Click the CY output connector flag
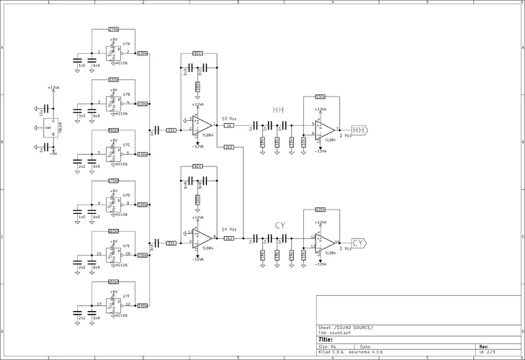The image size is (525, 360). (359, 243)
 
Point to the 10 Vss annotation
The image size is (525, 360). (228, 118)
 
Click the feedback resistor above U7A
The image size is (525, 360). (113, 29)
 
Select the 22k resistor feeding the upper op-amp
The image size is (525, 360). (171, 130)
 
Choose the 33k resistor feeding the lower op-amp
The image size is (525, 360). (171, 243)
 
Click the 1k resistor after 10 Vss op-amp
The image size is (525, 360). (229, 125)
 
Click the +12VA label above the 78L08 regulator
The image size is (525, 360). (53, 87)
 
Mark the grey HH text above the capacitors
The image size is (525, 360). (278, 109)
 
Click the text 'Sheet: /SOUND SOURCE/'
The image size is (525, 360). (346, 328)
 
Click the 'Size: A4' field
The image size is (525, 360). (328, 346)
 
